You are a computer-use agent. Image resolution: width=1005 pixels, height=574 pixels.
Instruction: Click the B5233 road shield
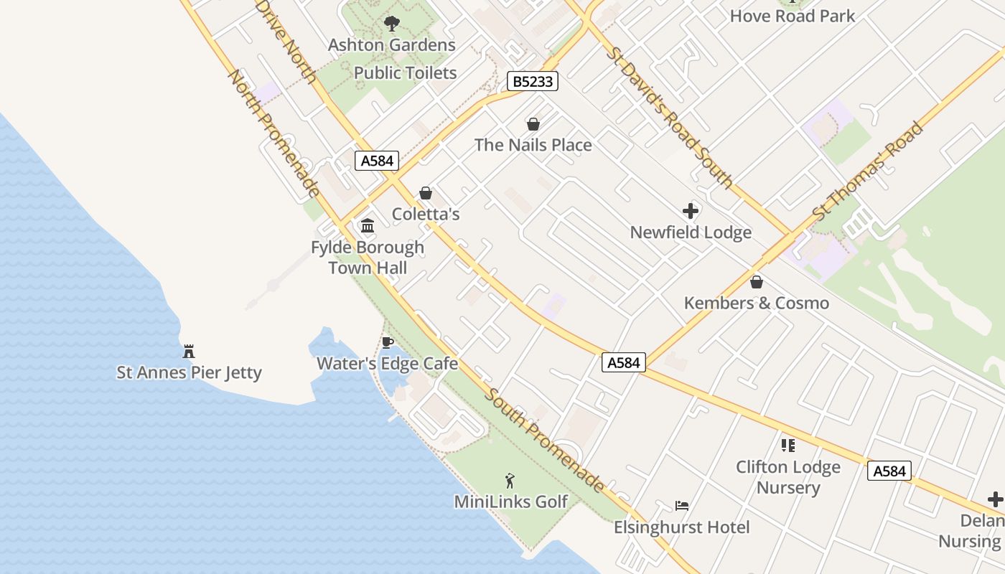pos(533,81)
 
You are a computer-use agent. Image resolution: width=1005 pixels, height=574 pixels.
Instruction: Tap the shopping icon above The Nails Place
pos(533,124)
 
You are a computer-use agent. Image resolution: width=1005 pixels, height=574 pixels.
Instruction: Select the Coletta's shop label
pos(426,214)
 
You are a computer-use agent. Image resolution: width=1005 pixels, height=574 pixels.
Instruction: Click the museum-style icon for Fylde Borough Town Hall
pos(368,226)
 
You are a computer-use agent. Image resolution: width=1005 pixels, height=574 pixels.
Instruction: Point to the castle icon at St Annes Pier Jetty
pos(189,352)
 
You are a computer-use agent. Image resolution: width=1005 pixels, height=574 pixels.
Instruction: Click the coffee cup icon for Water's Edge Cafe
pos(388,342)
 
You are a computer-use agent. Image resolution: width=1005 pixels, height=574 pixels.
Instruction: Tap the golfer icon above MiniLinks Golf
pos(510,481)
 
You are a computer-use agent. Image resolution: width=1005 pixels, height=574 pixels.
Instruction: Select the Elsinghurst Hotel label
pos(681,527)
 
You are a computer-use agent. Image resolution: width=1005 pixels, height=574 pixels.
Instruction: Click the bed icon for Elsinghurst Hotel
pos(681,506)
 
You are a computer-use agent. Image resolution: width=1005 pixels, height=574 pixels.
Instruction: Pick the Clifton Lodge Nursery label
pos(787,477)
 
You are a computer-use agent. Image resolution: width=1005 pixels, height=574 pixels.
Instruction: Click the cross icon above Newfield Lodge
pos(691,211)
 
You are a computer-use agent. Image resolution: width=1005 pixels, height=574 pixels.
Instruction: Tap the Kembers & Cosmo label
pos(756,303)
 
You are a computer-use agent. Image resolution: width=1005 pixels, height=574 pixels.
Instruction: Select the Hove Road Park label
pos(792,16)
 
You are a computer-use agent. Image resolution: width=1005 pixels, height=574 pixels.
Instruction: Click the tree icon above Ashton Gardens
pos(391,24)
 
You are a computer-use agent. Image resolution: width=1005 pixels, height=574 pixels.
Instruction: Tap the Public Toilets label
pos(405,72)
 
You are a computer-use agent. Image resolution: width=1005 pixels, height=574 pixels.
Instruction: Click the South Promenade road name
pos(544,439)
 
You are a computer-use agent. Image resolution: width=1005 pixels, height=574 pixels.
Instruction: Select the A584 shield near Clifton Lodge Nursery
pos(889,471)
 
